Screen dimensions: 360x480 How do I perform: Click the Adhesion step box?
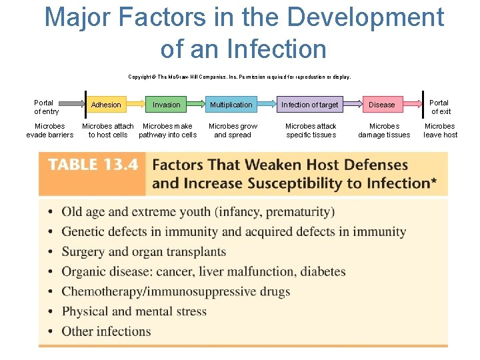(x=106, y=105)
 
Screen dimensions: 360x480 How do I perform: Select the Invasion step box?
(x=166, y=105)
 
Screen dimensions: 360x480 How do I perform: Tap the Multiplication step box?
(x=231, y=105)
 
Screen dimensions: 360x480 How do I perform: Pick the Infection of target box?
(x=310, y=105)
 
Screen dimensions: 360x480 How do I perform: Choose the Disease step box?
(x=382, y=105)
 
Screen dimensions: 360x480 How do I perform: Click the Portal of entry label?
(x=46, y=107)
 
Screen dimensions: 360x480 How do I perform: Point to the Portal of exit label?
(x=440, y=107)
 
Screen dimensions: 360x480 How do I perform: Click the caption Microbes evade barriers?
(x=50, y=130)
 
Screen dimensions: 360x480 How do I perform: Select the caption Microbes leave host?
(x=440, y=130)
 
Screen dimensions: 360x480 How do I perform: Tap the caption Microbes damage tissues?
(x=384, y=130)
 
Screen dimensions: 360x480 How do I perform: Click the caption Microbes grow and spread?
(x=233, y=130)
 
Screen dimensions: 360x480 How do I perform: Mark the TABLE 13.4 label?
(x=92, y=165)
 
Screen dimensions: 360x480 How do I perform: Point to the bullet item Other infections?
(x=106, y=331)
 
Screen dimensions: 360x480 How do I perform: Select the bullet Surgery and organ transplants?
(x=143, y=252)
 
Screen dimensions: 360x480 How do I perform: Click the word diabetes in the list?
(x=323, y=272)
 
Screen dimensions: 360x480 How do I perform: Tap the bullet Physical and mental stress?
(x=134, y=311)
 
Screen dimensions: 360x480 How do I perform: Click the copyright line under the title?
(x=239, y=77)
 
